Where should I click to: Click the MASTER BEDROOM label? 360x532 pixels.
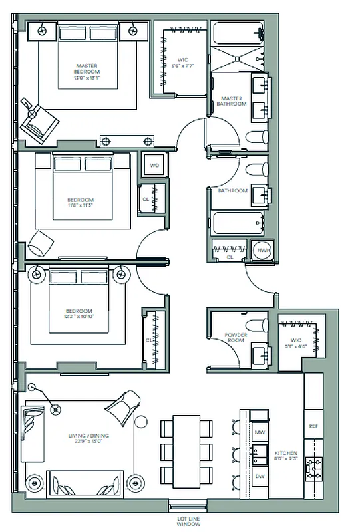87,68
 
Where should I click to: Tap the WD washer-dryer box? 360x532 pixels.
154,165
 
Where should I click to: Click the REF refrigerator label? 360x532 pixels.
313,426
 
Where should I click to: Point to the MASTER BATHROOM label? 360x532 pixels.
234,101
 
